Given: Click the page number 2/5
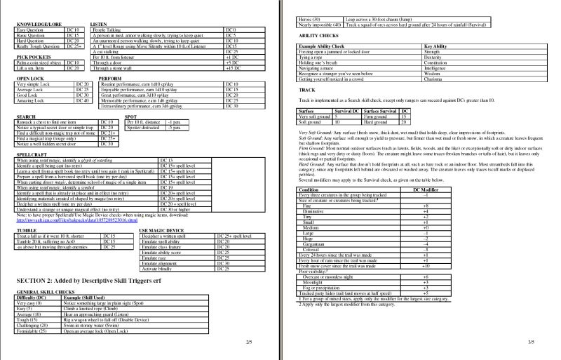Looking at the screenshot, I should (x=248, y=342).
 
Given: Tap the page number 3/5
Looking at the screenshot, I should (x=531, y=342).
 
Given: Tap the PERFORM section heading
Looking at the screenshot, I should (x=103, y=78).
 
